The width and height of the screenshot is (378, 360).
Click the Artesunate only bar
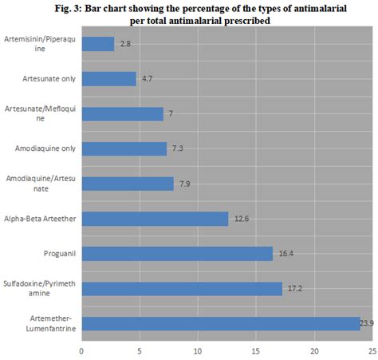pyautogui.click(x=108, y=78)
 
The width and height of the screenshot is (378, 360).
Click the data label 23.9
pyautogui.click(x=368, y=323)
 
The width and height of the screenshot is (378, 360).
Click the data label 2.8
pyautogui.click(x=124, y=44)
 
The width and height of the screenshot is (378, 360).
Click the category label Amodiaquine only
pyautogui.click(x=45, y=148)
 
